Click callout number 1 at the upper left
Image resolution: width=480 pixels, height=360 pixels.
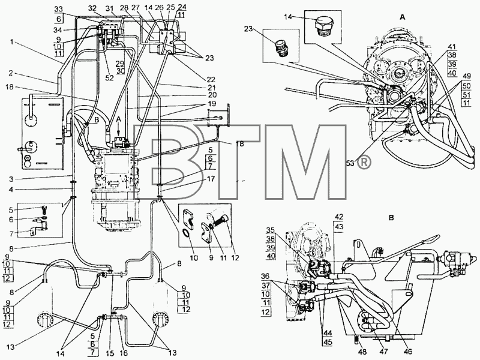(12, 42)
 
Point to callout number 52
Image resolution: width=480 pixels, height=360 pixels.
(109, 78)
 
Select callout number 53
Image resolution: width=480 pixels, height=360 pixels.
(350, 164)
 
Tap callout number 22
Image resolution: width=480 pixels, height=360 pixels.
(211, 79)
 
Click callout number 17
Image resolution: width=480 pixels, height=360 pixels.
(211, 178)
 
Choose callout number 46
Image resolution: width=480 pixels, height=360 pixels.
(408, 352)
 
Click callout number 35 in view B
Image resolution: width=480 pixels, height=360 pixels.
(271, 230)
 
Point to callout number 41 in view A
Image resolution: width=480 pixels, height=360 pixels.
(452, 47)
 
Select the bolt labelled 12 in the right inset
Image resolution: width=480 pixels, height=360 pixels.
(220, 220)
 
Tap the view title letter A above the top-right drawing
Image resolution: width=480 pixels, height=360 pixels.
(403, 17)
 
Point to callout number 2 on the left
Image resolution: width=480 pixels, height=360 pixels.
(10, 73)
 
